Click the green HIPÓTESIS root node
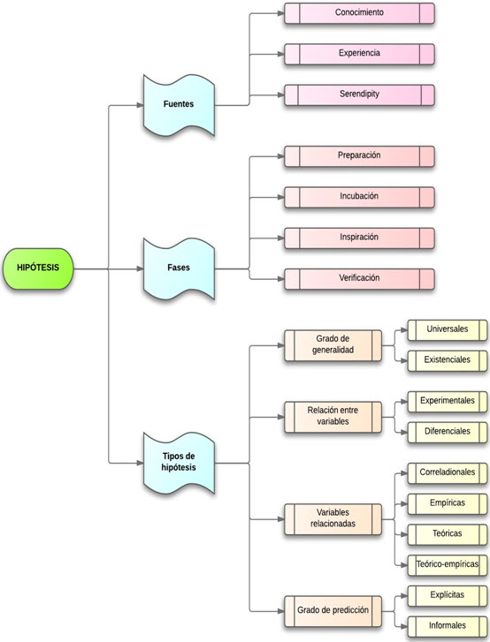(x=38, y=268)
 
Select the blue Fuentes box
(x=179, y=105)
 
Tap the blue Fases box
(x=179, y=268)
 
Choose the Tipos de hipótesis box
(x=179, y=463)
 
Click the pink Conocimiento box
(x=359, y=13)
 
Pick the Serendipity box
(x=359, y=95)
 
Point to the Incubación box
(x=359, y=197)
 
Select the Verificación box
(x=359, y=279)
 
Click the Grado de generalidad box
(x=333, y=345)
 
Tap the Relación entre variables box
(x=333, y=417)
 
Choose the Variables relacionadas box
(x=333, y=519)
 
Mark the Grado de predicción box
(x=333, y=611)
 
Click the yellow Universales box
(x=448, y=330)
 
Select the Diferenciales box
(x=448, y=433)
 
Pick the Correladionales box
(x=448, y=473)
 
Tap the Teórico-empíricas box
(x=448, y=565)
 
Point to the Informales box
(x=448, y=627)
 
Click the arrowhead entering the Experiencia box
(x=281, y=54)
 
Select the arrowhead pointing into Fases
(x=140, y=268)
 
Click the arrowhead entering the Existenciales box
(x=404, y=360)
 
